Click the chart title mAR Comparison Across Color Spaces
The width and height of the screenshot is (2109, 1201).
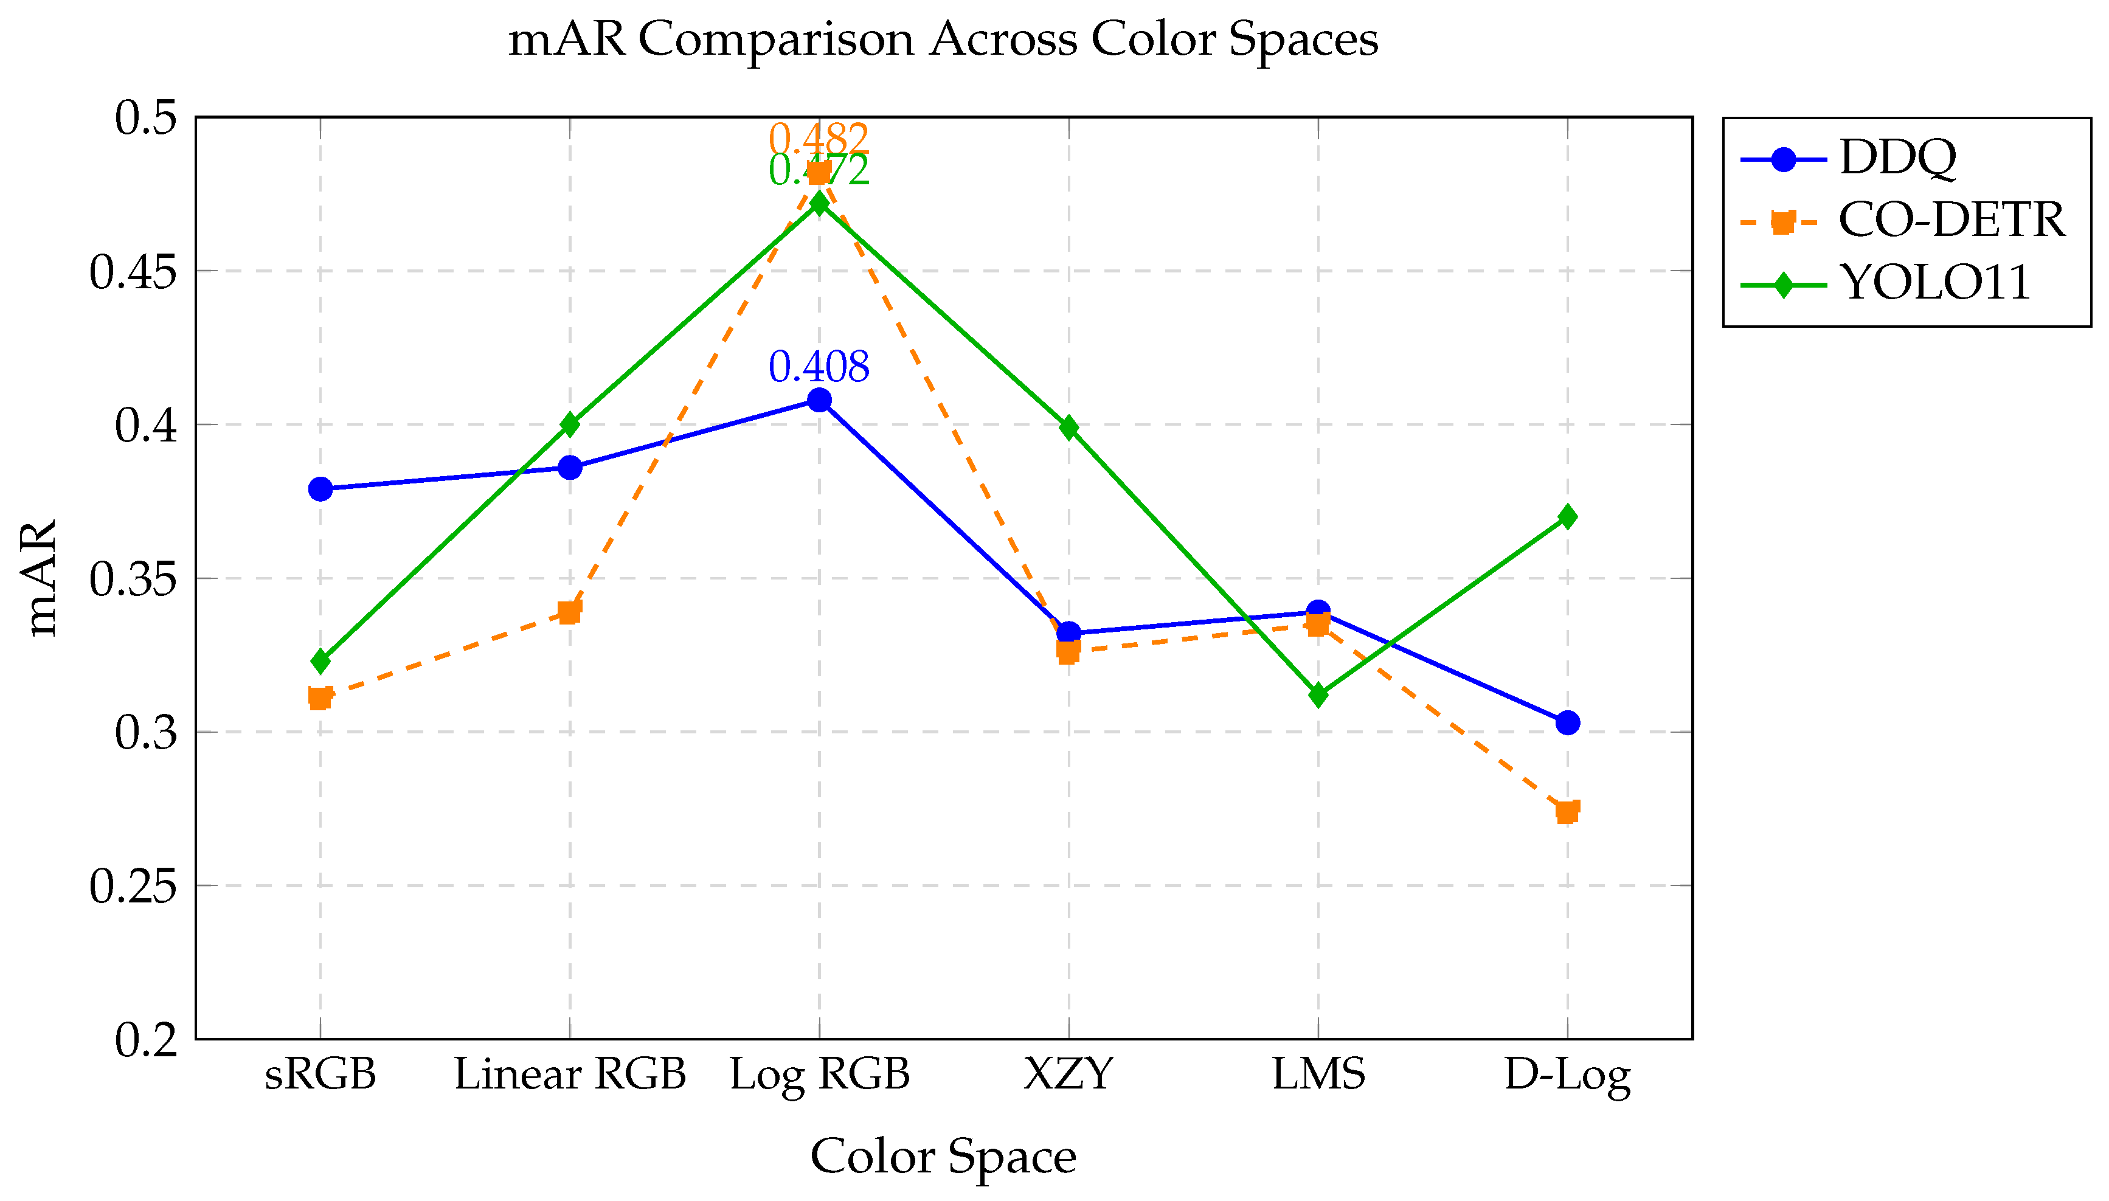click(x=943, y=39)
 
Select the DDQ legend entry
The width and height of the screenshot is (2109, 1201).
click(x=1897, y=157)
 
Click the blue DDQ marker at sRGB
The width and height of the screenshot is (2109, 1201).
click(x=320, y=489)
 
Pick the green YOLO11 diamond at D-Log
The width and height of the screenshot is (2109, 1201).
click(x=1567, y=517)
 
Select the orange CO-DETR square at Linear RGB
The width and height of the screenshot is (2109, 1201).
click(x=569, y=612)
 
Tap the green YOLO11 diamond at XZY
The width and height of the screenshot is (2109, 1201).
click(x=1069, y=427)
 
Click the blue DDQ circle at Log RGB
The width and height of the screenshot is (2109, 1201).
click(x=818, y=400)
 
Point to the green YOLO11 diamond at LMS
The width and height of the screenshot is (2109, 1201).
click(x=1318, y=694)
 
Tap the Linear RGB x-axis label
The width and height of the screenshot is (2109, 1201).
click(x=569, y=1075)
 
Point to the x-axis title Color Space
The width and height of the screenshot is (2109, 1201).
click(x=943, y=1157)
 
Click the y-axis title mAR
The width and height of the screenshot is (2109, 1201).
click(x=41, y=578)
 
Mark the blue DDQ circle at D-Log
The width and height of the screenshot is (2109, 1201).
click(x=1567, y=722)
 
